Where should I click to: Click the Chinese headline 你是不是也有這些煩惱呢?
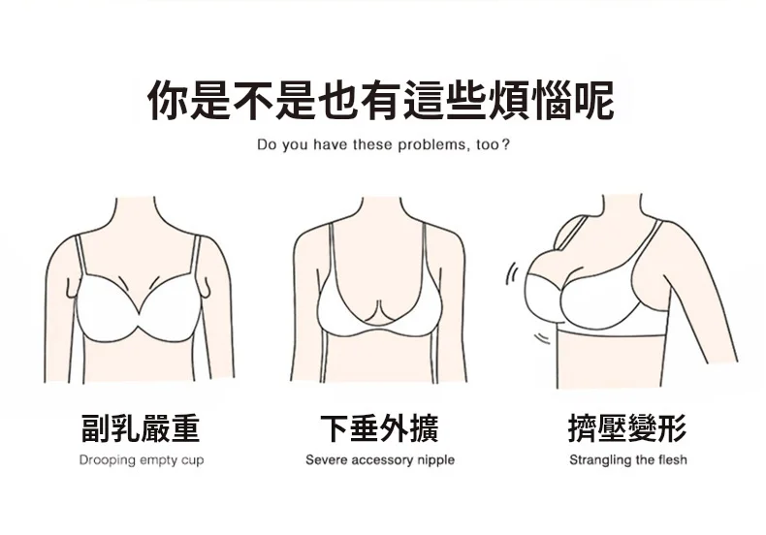pos(381,102)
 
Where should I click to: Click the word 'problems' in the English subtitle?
pos(423,146)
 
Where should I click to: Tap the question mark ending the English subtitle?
pos(506,146)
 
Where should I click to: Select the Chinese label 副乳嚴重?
pos(141,426)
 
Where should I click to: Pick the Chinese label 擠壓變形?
pos(627,426)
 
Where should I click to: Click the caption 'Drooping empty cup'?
pos(141,459)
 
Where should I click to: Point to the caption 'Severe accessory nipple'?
pos(379,459)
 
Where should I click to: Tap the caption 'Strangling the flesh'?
pos(627,459)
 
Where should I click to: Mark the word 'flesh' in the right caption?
pos(670,459)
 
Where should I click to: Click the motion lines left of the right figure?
pos(512,276)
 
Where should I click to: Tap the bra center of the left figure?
pos(141,307)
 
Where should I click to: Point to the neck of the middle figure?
pos(378,208)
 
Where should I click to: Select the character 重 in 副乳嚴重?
pos(184,426)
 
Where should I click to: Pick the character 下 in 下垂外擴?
pos(335,426)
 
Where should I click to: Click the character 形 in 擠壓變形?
pos(671,426)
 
